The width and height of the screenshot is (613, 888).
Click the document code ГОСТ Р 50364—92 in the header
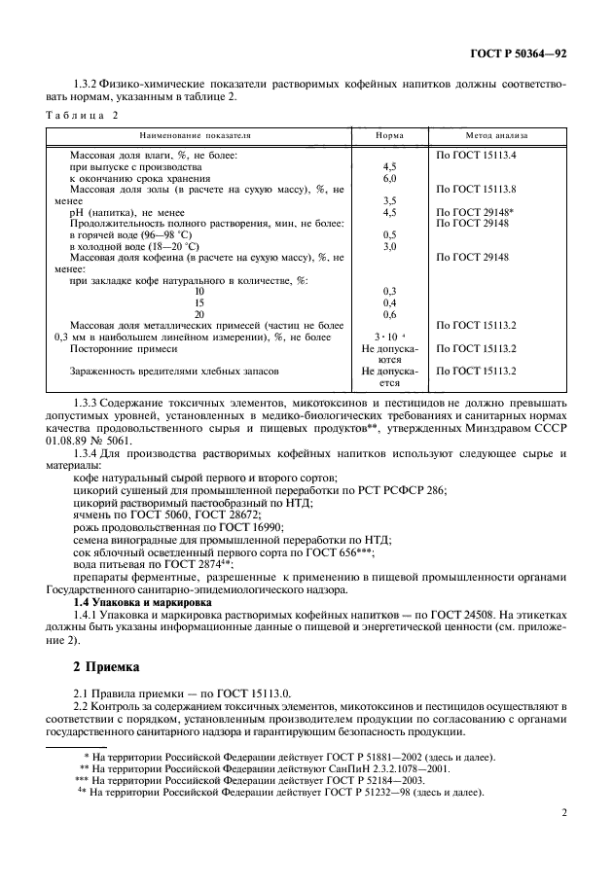520,53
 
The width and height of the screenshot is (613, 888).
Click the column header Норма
390,136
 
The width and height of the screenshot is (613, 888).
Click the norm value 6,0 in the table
389,179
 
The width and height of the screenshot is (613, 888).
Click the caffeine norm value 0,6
389,314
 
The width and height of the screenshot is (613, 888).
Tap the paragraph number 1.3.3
89,403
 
